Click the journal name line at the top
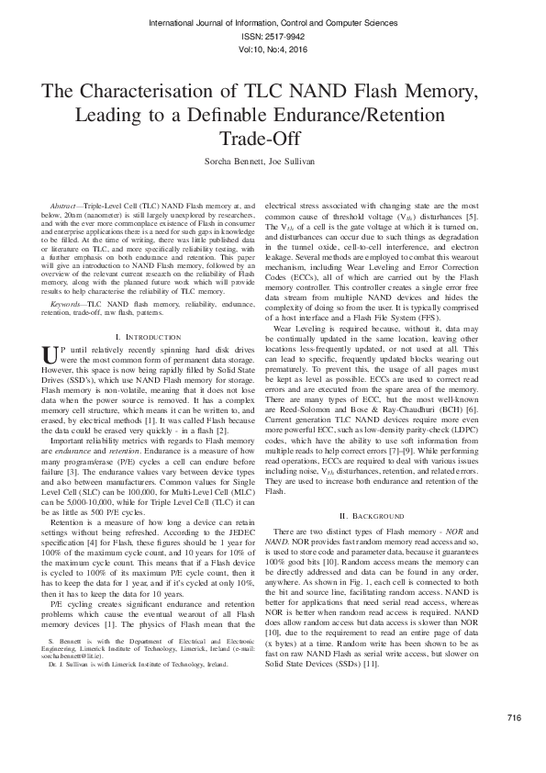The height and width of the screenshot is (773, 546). click(x=273, y=19)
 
